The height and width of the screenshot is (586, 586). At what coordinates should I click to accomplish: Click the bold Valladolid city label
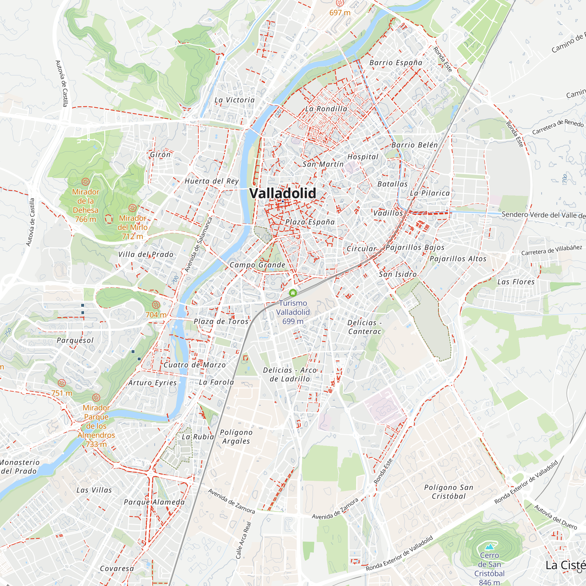click(282, 193)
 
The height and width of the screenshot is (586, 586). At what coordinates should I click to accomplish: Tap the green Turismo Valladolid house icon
click(293, 293)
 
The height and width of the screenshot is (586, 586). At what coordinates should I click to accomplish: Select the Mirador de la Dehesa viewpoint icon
click(86, 182)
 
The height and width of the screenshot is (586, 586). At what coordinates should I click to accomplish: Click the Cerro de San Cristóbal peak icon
click(489, 547)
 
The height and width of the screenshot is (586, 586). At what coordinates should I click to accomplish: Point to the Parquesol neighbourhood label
click(75, 340)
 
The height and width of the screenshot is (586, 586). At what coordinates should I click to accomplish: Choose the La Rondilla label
click(326, 109)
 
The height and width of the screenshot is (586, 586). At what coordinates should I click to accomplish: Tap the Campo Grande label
click(257, 265)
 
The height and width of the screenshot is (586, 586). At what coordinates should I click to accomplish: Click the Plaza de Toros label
click(221, 321)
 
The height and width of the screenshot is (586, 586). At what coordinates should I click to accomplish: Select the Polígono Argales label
click(236, 437)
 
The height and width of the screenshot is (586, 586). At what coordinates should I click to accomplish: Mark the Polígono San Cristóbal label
click(449, 492)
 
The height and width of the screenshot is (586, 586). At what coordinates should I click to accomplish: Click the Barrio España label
click(396, 63)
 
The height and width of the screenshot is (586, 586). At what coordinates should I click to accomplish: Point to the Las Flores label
click(516, 282)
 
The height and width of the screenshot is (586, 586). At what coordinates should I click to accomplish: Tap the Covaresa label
click(117, 568)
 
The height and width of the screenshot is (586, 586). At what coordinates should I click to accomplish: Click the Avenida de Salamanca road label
click(199, 244)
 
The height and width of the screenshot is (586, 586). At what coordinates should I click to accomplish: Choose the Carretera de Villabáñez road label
click(551, 250)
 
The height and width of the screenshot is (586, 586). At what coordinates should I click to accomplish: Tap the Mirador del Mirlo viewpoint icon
click(132, 208)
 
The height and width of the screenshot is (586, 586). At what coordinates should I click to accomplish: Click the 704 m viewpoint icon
click(156, 305)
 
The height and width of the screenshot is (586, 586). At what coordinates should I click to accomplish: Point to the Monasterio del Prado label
click(19, 466)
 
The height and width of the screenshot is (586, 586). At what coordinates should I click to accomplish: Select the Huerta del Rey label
click(212, 181)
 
